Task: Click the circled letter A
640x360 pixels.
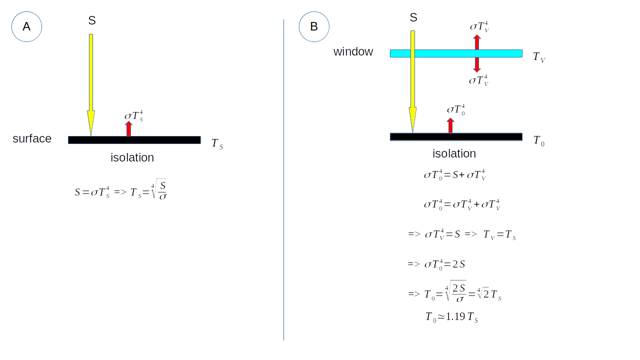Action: pyautogui.click(x=26, y=26)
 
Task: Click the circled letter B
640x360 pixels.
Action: pyautogui.click(x=314, y=26)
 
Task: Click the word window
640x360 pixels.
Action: pyautogui.click(x=353, y=51)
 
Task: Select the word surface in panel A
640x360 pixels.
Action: pyautogui.click(x=32, y=138)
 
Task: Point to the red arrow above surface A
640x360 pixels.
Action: pyautogui.click(x=128, y=129)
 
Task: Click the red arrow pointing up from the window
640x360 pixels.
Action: pyautogui.click(x=477, y=42)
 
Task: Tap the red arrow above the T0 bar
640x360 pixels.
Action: pyautogui.click(x=450, y=125)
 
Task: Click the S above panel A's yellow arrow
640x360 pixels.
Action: pyautogui.click(x=92, y=20)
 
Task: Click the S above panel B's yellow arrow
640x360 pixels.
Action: pyautogui.click(x=413, y=17)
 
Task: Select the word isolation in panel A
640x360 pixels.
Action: pyautogui.click(x=132, y=157)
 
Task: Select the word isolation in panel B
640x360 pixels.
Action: pyautogui.click(x=454, y=153)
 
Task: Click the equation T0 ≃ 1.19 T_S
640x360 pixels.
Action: pyautogui.click(x=451, y=317)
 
